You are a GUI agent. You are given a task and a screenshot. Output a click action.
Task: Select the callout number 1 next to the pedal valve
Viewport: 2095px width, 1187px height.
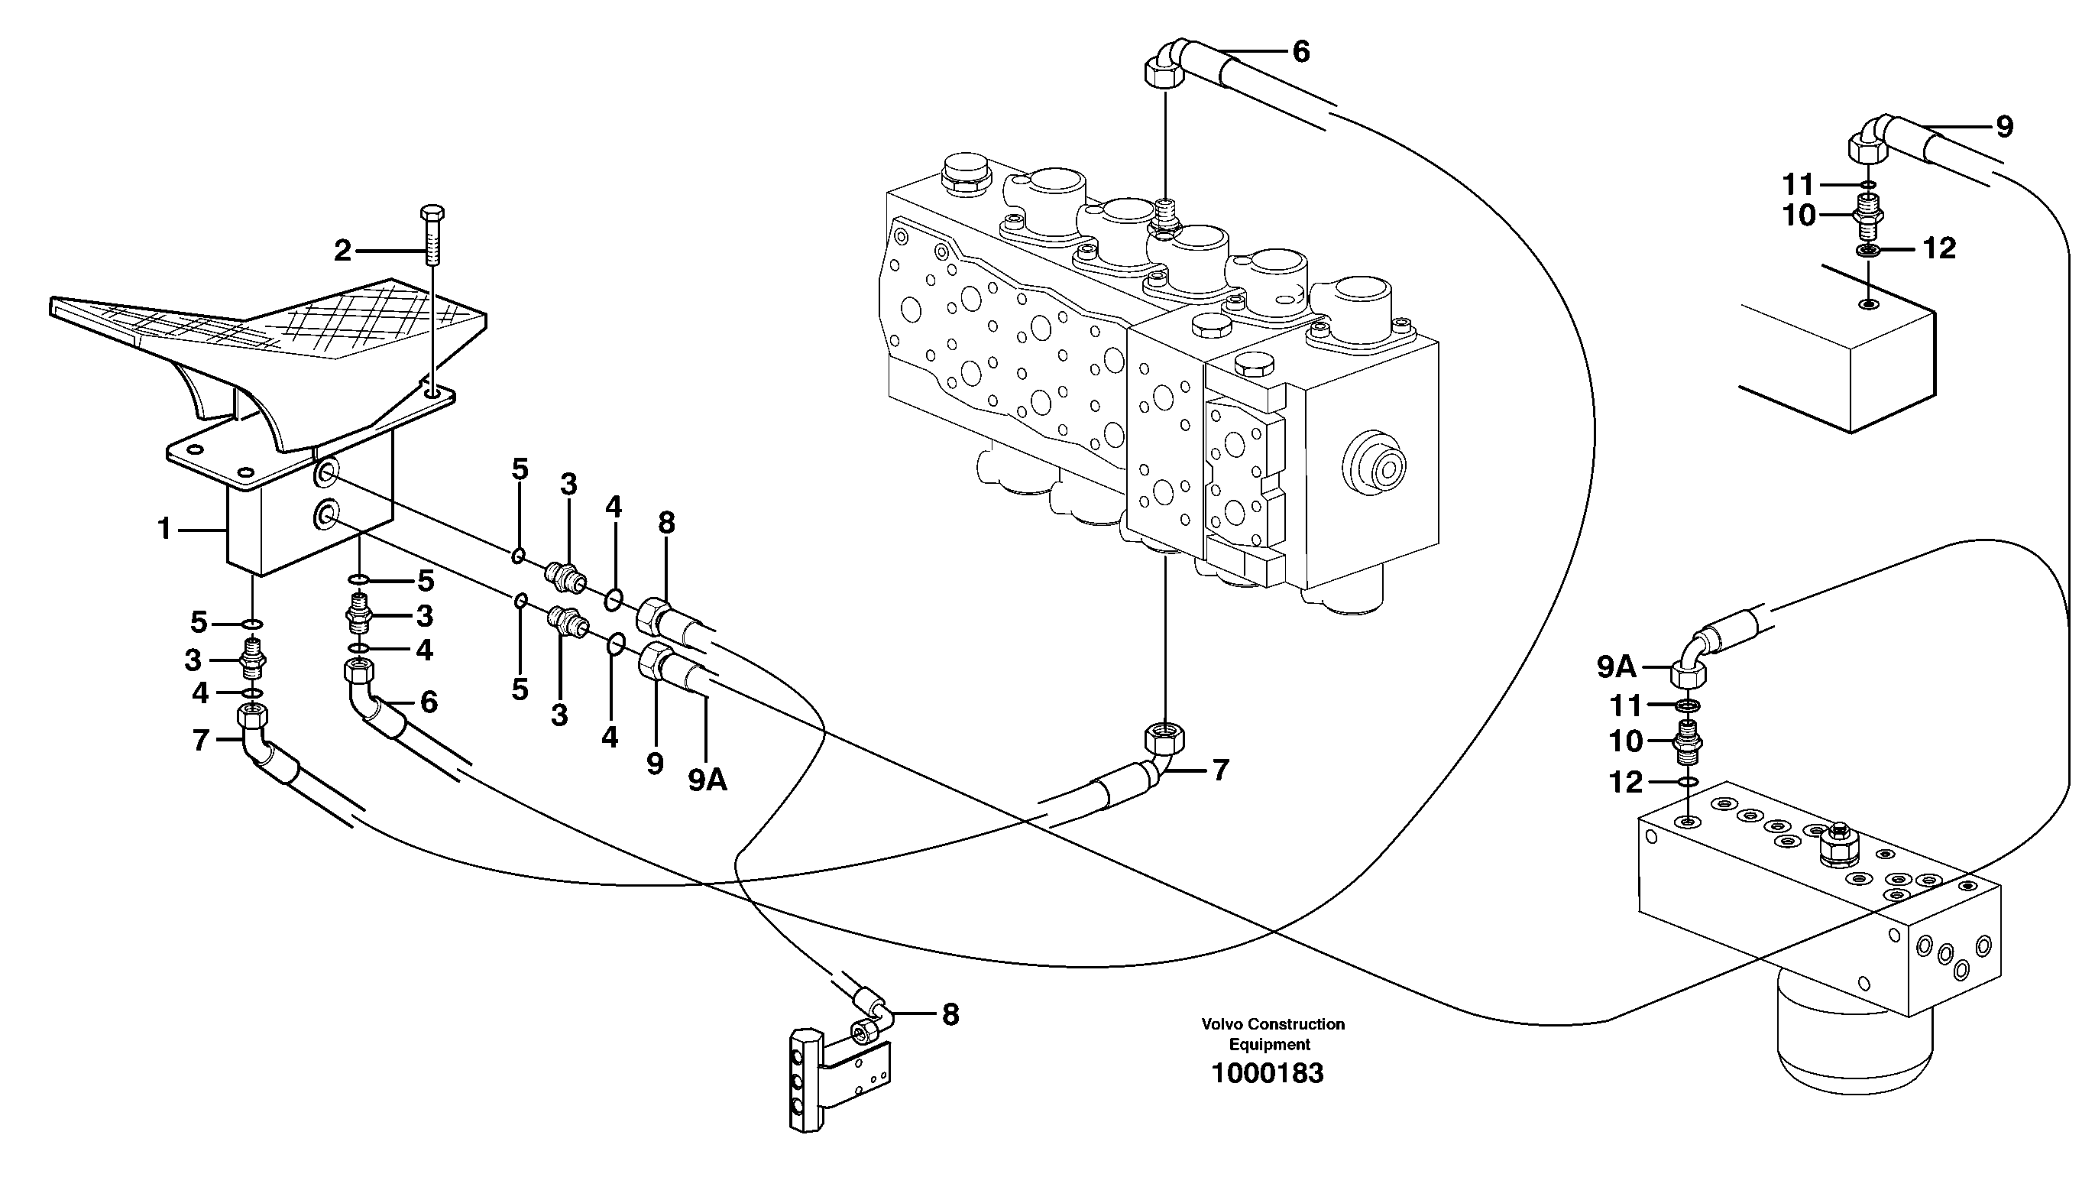(164, 530)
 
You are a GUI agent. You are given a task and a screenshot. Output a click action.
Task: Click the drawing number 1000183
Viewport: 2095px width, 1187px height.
(1267, 1074)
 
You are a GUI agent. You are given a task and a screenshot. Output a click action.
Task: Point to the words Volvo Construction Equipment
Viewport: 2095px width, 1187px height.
(1272, 1033)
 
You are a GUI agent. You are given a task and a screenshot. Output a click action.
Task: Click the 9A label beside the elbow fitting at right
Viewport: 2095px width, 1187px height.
(1616, 668)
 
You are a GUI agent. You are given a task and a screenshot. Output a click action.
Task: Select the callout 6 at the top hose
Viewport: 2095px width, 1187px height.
(1300, 52)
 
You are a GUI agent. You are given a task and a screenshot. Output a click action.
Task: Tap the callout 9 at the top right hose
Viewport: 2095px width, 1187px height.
(2005, 126)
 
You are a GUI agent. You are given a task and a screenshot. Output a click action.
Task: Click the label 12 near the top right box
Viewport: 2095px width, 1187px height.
(1939, 248)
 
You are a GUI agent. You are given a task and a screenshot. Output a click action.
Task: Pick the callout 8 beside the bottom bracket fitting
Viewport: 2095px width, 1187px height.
(950, 1014)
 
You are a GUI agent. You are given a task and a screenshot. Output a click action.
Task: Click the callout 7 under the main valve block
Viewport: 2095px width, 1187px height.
(1220, 770)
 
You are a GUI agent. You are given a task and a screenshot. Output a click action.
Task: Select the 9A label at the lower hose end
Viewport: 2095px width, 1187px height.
(708, 781)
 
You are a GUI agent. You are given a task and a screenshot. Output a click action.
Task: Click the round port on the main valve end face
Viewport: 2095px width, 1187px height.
(1374, 469)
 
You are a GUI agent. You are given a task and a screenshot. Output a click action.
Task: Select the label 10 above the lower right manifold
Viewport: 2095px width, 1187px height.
(1626, 742)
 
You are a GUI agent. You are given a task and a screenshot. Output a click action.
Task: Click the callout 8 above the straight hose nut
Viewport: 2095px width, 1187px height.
(666, 524)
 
